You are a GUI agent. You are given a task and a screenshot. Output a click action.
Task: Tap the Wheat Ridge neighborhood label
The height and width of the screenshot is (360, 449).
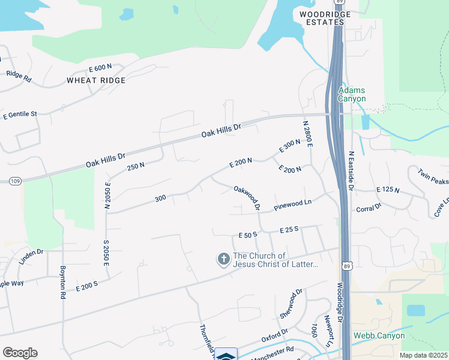(x=96, y=80)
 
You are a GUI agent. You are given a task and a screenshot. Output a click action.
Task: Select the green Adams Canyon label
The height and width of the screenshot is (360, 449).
(x=352, y=94)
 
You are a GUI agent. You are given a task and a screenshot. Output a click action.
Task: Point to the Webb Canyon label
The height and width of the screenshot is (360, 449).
(x=379, y=336)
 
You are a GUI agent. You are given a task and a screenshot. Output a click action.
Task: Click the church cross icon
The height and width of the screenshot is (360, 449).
(x=223, y=259)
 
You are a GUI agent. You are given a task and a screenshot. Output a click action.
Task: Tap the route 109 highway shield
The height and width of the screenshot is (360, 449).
(x=15, y=181)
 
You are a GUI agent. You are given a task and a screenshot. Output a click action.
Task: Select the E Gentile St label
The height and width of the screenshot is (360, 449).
(x=20, y=114)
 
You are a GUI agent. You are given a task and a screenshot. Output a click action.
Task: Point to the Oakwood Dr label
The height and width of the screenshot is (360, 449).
(x=247, y=197)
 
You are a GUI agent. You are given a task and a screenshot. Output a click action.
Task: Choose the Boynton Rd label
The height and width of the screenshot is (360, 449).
(x=62, y=282)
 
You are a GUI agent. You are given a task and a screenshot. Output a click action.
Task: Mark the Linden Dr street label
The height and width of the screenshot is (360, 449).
(x=31, y=252)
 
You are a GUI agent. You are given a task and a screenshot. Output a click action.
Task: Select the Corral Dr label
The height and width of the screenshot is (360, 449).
(x=369, y=208)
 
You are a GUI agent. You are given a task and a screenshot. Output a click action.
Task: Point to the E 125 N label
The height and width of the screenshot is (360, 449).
(x=388, y=190)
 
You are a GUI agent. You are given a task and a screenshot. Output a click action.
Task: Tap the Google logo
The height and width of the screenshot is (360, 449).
(x=20, y=353)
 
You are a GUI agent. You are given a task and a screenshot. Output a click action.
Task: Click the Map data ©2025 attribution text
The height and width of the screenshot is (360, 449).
(x=423, y=355)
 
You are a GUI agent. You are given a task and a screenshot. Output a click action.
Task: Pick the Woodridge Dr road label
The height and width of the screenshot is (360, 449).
(x=339, y=304)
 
